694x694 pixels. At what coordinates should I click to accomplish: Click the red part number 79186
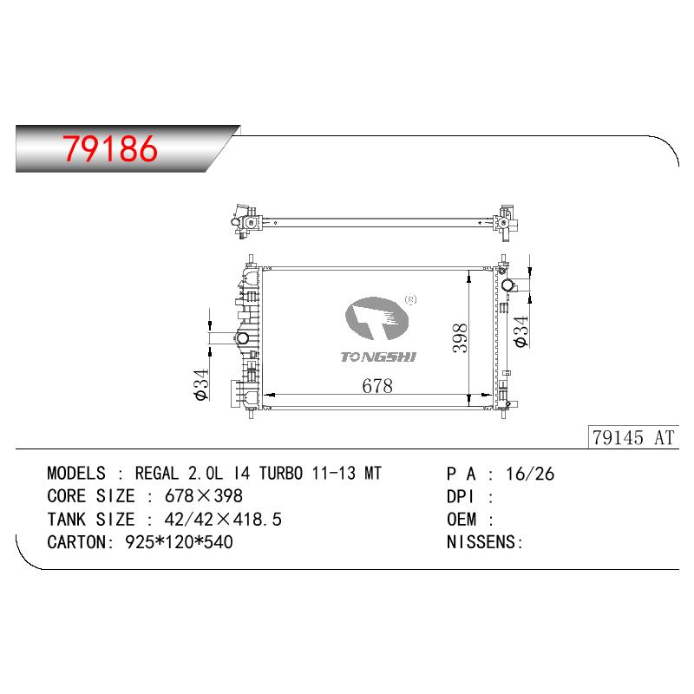click(110, 148)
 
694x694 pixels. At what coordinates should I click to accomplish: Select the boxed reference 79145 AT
click(633, 438)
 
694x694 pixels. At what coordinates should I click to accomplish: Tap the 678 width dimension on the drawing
click(377, 386)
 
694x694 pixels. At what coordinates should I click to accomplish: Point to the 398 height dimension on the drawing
click(460, 338)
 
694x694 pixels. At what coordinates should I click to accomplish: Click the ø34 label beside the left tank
click(201, 384)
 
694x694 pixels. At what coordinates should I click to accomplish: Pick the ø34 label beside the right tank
click(521, 331)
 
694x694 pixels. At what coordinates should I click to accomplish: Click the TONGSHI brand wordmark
click(378, 357)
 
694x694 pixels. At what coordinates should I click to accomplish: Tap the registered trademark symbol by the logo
click(410, 299)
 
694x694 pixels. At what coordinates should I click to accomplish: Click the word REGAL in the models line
click(157, 474)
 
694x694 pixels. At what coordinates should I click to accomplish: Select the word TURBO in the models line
click(281, 474)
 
